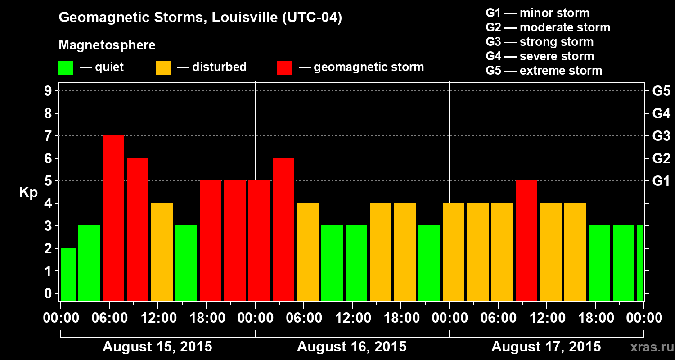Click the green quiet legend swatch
point(66,68)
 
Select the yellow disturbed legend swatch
point(163,68)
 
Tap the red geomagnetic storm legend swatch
point(284,68)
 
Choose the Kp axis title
point(28,193)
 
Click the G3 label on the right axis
point(661,136)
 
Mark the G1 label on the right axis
point(661,181)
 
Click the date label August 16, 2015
point(352,347)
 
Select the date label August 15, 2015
point(157,347)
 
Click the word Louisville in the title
point(243,18)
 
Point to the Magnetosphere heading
point(107,45)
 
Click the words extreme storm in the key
point(561,71)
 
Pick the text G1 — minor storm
point(537,13)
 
